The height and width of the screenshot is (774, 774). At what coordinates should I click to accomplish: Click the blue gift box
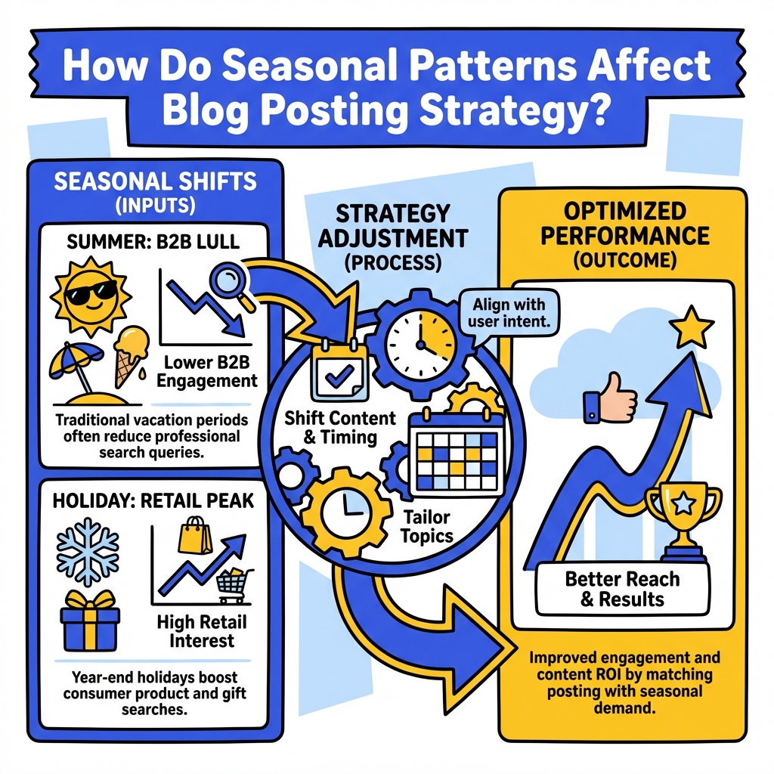(89, 619)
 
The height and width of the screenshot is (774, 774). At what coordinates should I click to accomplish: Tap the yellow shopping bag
(194, 538)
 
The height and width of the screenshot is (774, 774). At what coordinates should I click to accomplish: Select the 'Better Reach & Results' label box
(623, 590)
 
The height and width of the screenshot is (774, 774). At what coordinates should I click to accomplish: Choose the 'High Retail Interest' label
(201, 631)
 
